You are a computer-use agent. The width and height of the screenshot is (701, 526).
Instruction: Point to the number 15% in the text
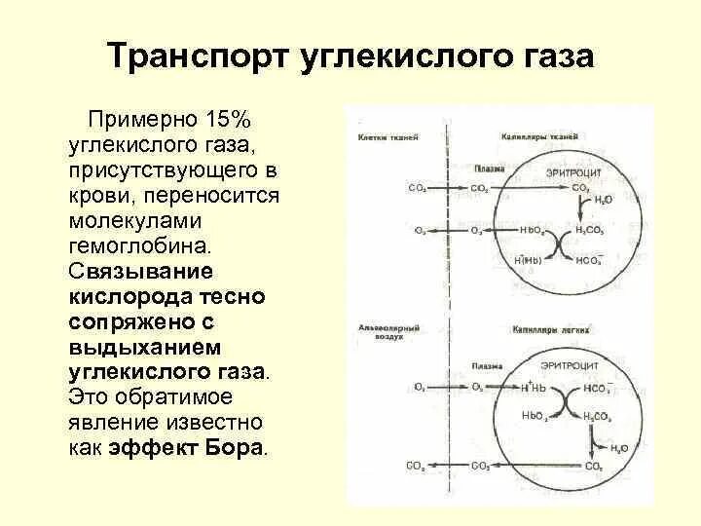229,120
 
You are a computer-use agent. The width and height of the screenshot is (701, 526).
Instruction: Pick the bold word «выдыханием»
146,348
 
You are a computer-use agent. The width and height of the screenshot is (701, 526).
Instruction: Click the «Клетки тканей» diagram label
387,138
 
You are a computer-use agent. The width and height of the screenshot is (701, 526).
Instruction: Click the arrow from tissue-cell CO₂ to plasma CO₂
449,187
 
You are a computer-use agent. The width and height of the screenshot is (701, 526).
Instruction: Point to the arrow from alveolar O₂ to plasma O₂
449,387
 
